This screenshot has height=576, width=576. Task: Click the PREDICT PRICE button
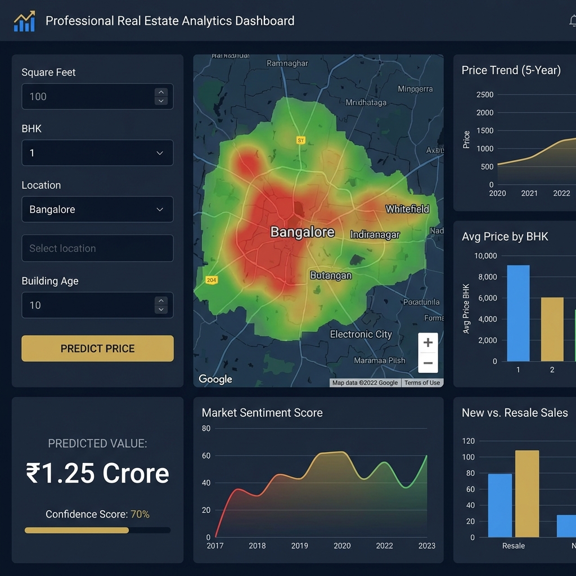tap(97, 348)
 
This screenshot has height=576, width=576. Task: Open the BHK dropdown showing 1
tap(97, 153)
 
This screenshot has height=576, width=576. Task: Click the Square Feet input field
tap(87, 97)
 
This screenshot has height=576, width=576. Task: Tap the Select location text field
tap(97, 248)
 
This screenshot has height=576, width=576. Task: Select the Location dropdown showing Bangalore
tap(97, 209)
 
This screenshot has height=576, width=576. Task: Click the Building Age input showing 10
tap(87, 305)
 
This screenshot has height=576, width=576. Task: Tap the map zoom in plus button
tap(427, 343)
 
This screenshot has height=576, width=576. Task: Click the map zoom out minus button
tap(427, 363)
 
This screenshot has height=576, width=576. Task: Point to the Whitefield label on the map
tap(407, 209)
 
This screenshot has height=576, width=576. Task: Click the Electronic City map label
tap(361, 334)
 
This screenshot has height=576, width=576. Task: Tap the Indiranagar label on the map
tap(375, 235)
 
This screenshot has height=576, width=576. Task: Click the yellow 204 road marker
tap(211, 280)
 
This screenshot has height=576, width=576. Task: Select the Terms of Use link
tap(422, 382)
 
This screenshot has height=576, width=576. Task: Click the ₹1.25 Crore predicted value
tap(97, 473)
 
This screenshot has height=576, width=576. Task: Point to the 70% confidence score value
tap(140, 514)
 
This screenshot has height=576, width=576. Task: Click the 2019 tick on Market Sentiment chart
tap(300, 546)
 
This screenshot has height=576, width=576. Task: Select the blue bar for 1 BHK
tap(518, 313)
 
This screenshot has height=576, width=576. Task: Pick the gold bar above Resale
tap(527, 493)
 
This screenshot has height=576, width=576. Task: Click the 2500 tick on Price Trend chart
tap(484, 94)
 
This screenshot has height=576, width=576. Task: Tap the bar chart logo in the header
tap(24, 21)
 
